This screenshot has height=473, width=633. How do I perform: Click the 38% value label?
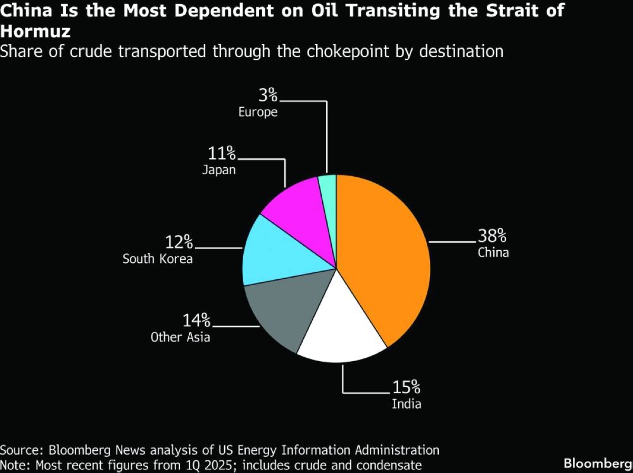coord(493,235)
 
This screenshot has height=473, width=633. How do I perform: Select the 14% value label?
coord(197,320)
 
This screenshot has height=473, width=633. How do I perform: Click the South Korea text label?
coord(158,259)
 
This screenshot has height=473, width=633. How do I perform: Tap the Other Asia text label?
coord(180,337)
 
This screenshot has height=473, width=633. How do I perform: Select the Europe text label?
coord(258,112)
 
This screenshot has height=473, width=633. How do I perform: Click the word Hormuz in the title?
coord(35,31)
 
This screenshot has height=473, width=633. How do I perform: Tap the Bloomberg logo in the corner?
coord(598,463)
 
